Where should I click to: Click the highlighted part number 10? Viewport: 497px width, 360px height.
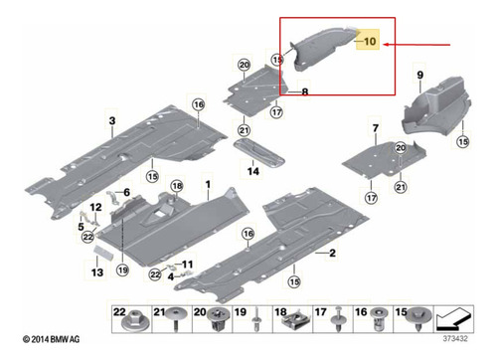click(370, 41)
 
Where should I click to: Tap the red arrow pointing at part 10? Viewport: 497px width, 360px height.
click(416, 44)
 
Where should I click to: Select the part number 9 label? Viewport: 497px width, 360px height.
click(419, 75)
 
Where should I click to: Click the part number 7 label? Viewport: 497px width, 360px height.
click(375, 127)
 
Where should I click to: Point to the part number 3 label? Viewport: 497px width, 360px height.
click(112, 120)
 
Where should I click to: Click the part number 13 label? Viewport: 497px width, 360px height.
click(97, 272)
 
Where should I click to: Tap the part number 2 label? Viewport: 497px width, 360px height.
click(332, 253)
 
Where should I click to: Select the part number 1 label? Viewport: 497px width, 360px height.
click(208, 184)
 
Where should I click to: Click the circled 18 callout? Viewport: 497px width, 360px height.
click(177, 186)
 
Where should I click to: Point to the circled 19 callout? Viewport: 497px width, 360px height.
click(122, 270)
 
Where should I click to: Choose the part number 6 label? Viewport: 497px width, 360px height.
click(127, 192)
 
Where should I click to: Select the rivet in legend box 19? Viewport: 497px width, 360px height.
click(256, 319)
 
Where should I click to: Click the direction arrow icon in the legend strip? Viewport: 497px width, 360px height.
click(454, 319)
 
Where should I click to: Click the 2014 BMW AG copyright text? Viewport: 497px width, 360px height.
click(52, 339)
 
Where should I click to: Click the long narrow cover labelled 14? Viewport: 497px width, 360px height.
click(258, 153)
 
